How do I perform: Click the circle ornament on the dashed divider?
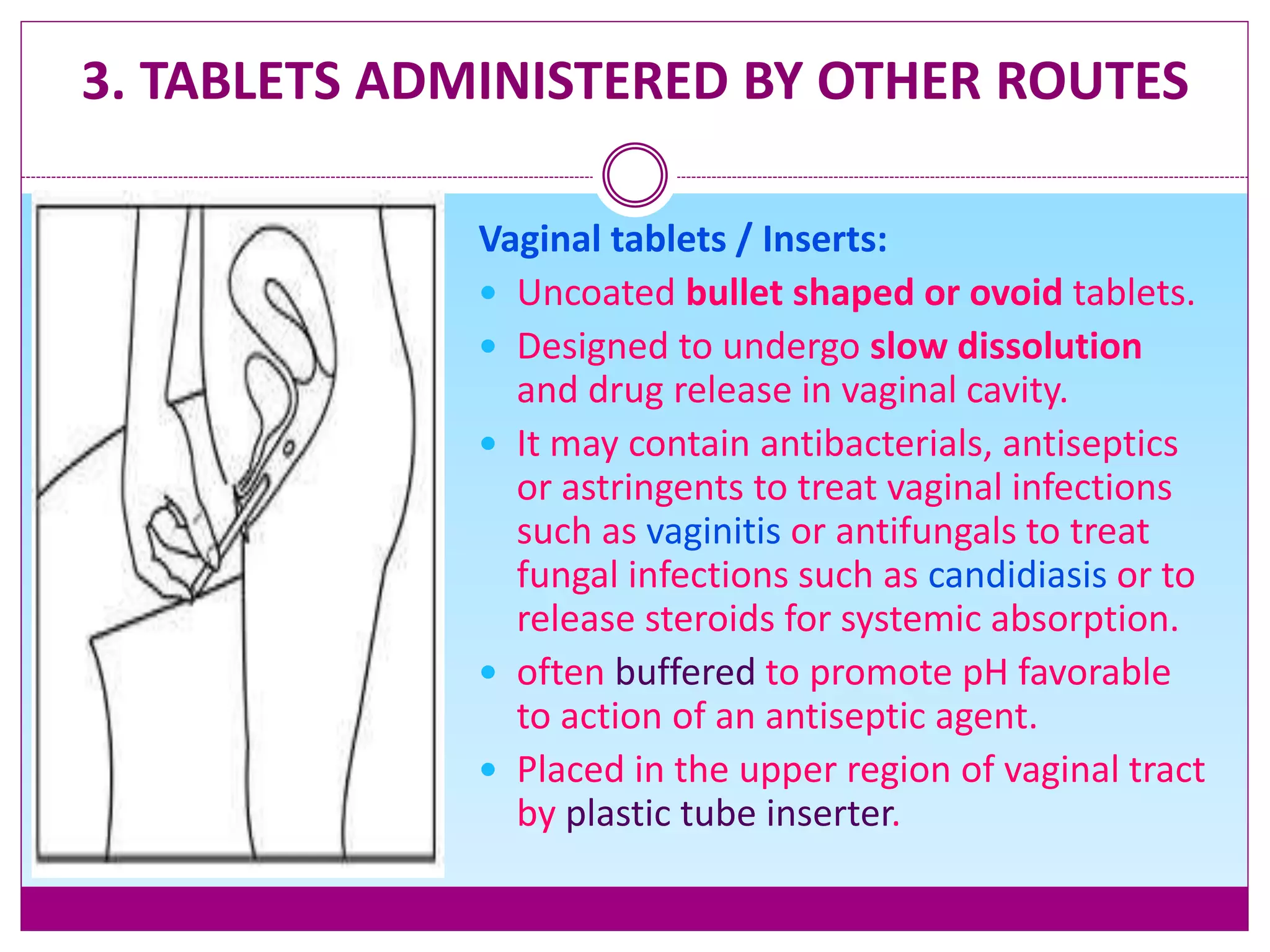(x=634, y=175)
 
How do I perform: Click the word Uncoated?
(x=596, y=293)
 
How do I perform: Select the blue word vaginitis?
(x=713, y=532)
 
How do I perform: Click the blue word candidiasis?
(x=1017, y=575)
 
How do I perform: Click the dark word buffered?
(x=685, y=672)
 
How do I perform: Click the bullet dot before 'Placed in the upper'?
(x=489, y=770)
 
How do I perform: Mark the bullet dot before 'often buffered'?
(x=489, y=672)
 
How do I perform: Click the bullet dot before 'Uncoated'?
(x=489, y=293)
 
